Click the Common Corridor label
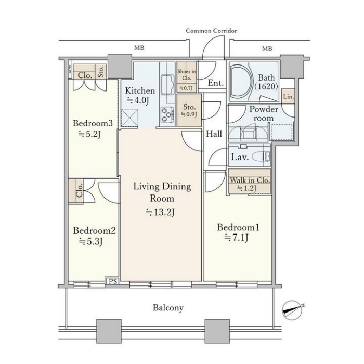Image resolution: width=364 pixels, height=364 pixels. tap(211, 31)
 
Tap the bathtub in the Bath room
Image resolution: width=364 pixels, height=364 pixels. tap(241, 81)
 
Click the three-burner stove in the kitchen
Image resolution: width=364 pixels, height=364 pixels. tap(167, 114)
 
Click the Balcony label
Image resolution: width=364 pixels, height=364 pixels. tap(168, 308)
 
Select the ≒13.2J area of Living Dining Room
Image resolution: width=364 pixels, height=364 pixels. tap(160, 212)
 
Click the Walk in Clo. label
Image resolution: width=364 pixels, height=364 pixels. tap(250, 180)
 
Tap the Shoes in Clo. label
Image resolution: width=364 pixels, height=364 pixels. tap(187, 74)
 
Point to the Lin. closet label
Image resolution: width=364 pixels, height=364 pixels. tap(289, 96)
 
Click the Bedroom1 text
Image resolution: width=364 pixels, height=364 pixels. tap(238, 227)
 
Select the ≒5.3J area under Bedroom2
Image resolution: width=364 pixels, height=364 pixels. tap(91, 242)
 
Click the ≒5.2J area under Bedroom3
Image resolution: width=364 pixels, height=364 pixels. tap(89, 134)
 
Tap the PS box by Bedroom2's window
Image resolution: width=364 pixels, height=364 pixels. tap(113, 281)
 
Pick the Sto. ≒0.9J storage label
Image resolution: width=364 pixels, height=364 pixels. tap(189, 110)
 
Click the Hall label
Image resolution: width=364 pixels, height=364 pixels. tap(214, 134)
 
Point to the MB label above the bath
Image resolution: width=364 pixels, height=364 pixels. tap(267, 49)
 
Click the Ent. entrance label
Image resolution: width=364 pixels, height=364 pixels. tap(215, 83)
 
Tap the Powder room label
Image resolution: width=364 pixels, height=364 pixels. tap(264, 113)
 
